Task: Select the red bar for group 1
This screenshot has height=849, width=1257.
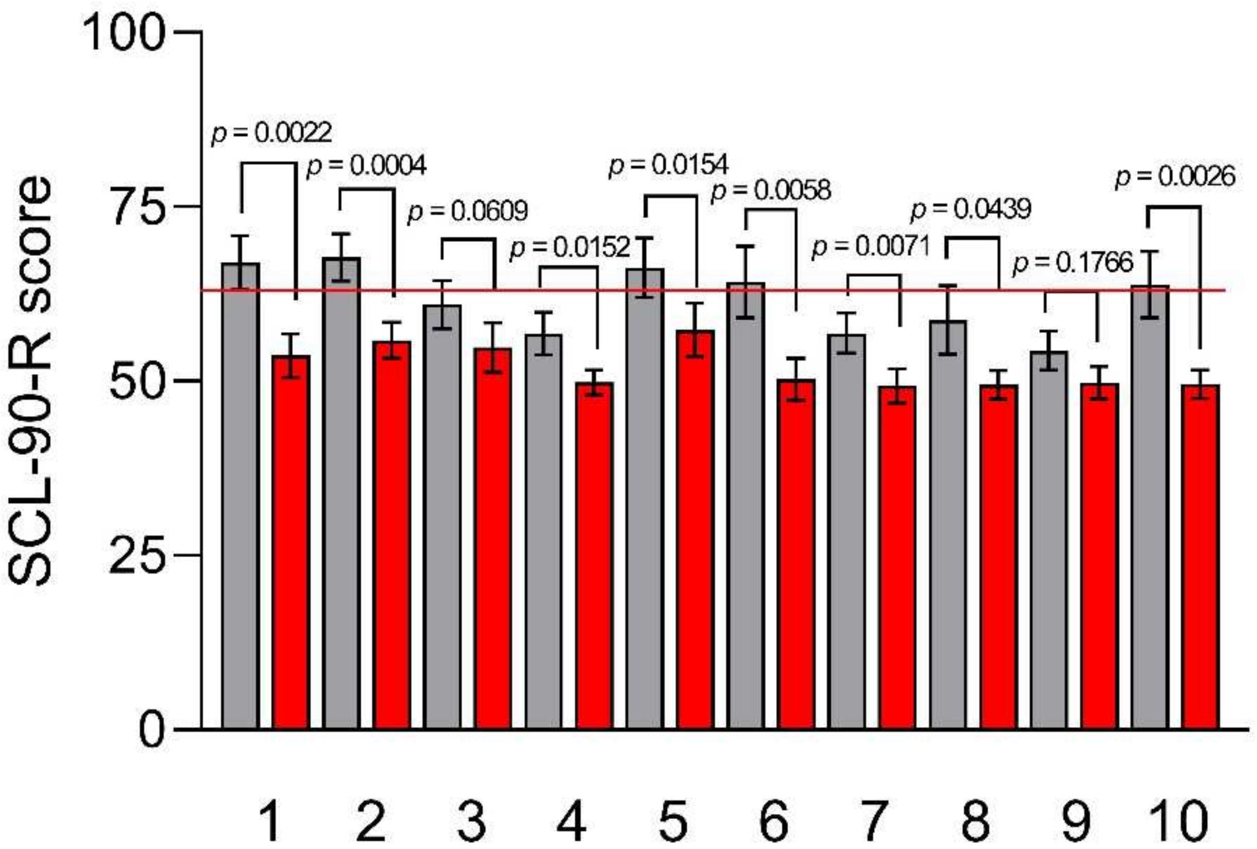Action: [x=291, y=541]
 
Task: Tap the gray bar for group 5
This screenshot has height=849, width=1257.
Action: [x=645, y=497]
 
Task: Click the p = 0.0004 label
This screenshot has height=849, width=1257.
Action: [x=366, y=166]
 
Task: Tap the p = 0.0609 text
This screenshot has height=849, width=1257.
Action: [x=467, y=212]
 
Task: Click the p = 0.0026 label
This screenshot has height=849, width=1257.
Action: [x=1175, y=176]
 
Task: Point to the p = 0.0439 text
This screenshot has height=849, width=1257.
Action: [x=971, y=209]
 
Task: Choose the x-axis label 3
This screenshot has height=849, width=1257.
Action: [x=471, y=821]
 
